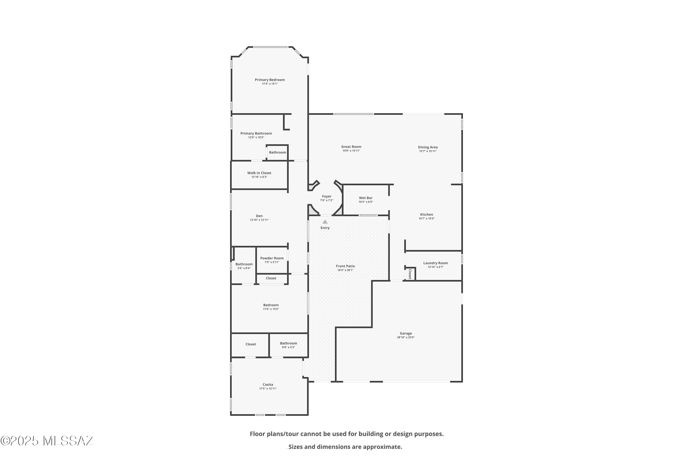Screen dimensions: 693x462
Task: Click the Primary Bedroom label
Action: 270,79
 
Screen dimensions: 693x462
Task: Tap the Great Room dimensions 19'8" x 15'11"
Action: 351,151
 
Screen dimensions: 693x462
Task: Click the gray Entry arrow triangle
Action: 325,222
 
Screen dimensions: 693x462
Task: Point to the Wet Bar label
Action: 366,198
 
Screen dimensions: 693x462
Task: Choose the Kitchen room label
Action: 427,215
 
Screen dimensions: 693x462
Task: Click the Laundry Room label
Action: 435,263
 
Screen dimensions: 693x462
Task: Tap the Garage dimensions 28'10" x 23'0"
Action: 406,337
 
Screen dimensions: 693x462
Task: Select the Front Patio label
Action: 345,266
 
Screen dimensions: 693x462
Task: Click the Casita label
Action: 268,385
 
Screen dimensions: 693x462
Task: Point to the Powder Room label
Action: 272,258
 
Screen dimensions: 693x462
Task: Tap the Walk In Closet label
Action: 259,173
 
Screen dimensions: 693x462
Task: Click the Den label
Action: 259,216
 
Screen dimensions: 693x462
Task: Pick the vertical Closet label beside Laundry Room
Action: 410,274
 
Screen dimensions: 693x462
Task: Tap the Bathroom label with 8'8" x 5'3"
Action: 289,343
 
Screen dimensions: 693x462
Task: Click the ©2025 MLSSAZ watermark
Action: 47,441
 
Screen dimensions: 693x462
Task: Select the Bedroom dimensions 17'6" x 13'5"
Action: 271,309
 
